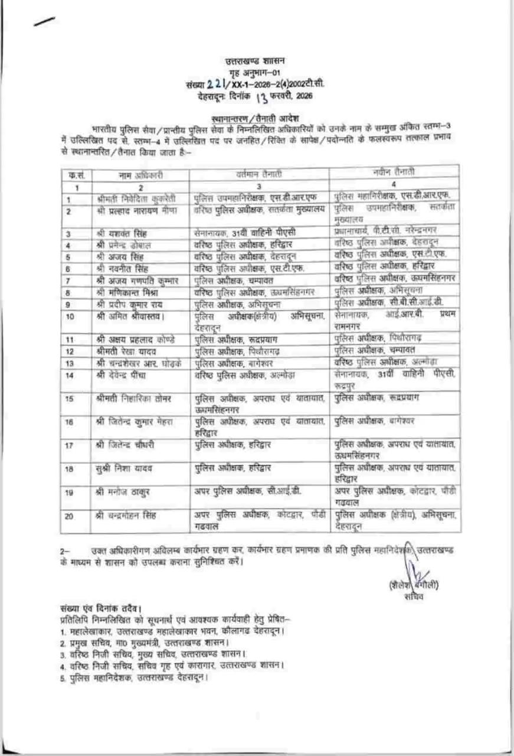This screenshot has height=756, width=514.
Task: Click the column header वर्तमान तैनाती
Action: tap(258, 173)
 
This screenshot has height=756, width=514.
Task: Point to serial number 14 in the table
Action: tap(70, 376)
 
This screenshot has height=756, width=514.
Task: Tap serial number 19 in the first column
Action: tap(70, 491)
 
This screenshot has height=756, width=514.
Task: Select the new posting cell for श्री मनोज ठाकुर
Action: tap(395, 495)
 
